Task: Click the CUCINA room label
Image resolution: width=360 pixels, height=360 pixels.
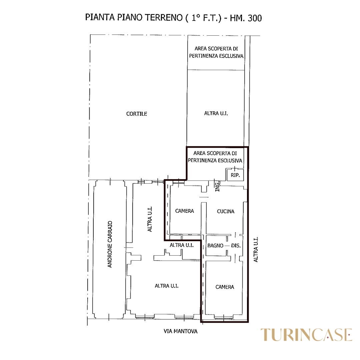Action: tap(226, 211)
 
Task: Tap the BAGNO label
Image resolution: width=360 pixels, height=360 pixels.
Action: tap(215, 245)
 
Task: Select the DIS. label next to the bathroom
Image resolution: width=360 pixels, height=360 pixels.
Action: tap(236, 245)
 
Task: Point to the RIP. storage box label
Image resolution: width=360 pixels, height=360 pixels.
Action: tap(235, 175)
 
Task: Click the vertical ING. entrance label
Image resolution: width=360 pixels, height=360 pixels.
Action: tap(217, 186)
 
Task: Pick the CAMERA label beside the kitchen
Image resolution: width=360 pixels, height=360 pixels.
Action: tap(184, 211)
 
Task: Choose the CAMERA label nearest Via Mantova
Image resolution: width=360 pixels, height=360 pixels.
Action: tap(225, 287)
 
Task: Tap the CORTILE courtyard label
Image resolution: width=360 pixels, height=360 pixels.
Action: tap(137, 114)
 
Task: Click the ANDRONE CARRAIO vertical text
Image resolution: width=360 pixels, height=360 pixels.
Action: tap(110, 244)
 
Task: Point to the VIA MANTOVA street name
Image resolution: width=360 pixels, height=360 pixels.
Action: tap(180, 331)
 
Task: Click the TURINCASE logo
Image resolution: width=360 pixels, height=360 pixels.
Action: tap(306, 335)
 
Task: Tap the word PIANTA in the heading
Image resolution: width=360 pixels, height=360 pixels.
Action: tap(100, 17)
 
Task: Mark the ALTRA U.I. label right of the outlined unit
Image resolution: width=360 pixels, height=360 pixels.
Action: tap(256, 250)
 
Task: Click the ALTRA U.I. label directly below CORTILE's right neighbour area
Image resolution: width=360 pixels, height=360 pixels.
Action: tap(216, 113)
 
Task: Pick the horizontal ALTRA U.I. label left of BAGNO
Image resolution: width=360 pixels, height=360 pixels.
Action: tap(182, 245)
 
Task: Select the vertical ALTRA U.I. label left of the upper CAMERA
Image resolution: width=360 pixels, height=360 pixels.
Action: tap(150, 219)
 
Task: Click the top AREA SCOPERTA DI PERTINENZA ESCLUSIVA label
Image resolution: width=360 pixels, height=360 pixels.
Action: tap(216, 52)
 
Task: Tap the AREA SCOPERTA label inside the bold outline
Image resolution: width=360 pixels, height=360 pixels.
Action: tap(215, 157)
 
